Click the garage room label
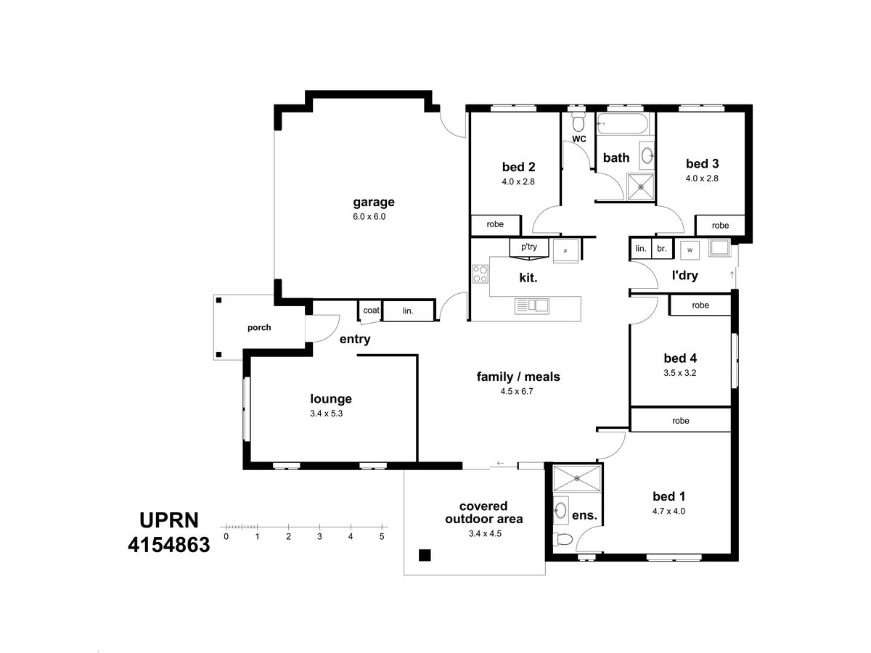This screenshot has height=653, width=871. tap(373, 202)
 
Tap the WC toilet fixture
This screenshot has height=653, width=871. tap(578, 122)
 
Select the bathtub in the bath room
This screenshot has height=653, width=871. tap(623, 123)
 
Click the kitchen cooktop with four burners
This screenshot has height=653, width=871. tap(481, 274)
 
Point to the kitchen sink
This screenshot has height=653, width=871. tap(532, 305)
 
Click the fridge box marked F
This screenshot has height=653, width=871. tap(566, 251)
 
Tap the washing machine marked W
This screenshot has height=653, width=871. tap(690, 250)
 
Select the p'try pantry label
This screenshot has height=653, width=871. tap(529, 247)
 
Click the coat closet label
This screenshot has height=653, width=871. tap(371, 310)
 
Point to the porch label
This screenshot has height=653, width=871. tap(259, 327)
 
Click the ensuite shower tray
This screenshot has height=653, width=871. tap(577, 479)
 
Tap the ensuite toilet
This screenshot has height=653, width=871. tap(563, 539)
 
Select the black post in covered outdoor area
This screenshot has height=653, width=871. tap(425, 555)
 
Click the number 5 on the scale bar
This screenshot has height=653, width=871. tap(382, 536)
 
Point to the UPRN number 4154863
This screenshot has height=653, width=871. tap(169, 545)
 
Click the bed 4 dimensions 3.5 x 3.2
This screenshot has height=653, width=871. tap(679, 373)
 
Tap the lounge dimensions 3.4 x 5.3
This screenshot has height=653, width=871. tap(326, 413)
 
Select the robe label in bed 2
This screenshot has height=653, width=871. tap(495, 224)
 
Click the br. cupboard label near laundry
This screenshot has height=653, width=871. tap(661, 249)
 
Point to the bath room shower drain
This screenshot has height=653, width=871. tap(640, 187)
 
